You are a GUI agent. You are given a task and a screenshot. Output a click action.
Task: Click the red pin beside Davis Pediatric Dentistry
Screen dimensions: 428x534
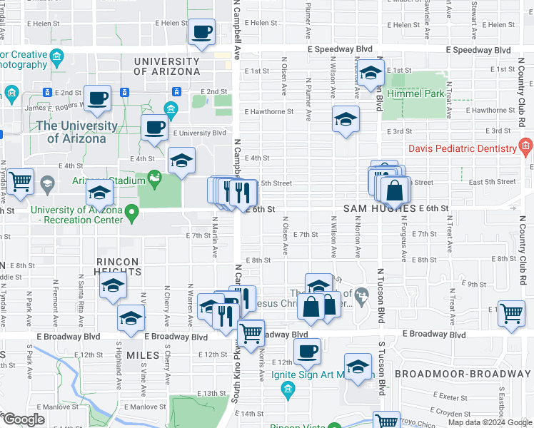point(525,148)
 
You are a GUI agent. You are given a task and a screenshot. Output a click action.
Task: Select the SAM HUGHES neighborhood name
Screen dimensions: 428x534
point(378,208)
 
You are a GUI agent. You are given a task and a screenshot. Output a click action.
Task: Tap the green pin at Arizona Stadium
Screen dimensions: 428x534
point(153,176)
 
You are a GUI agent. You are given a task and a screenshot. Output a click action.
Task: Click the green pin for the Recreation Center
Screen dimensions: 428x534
point(131,212)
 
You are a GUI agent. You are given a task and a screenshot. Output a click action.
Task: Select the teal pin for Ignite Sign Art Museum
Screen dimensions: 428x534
point(288,389)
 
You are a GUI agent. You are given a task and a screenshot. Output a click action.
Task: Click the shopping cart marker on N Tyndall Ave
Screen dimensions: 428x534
point(21,181)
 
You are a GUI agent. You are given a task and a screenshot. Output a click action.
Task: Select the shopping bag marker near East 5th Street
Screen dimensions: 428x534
point(393,190)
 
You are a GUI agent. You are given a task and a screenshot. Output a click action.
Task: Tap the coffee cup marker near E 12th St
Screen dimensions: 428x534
point(308,351)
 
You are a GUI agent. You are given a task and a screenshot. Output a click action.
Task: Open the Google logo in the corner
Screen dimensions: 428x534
point(24,419)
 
